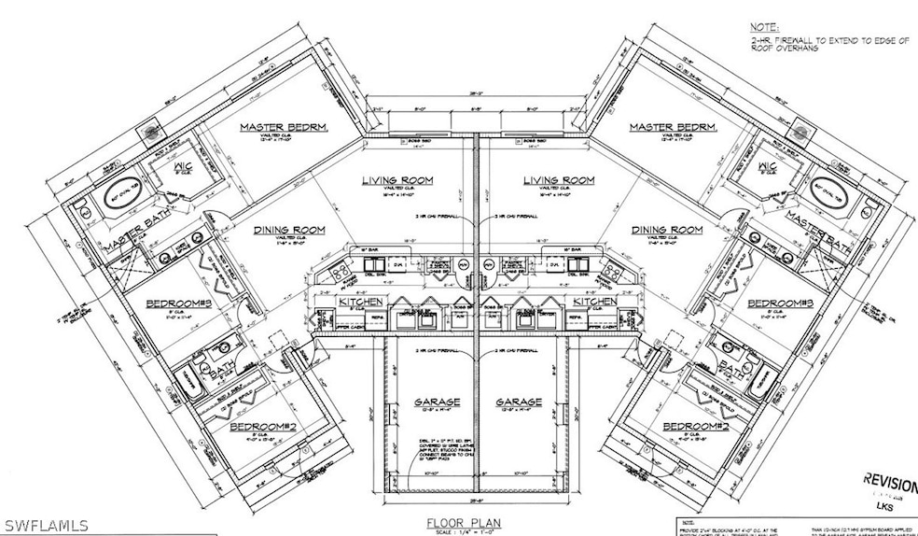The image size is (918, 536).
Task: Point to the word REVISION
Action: point(891,480)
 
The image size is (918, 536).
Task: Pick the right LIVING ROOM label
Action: point(559,179)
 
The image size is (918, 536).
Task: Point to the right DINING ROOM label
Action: point(666,229)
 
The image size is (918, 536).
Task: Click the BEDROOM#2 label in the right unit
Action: point(695,426)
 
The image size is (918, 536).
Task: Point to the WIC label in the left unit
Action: point(183,168)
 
